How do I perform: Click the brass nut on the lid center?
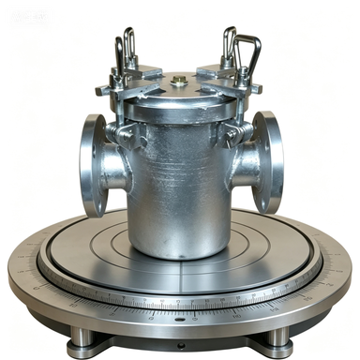coord(178,82)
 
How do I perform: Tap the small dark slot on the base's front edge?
coord(179,319)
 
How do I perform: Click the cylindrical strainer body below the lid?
coord(178,187)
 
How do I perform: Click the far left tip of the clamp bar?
coord(99,91)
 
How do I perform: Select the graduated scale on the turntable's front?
coord(178,303)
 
